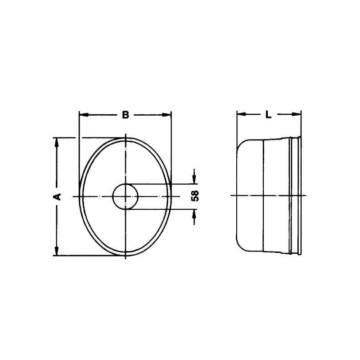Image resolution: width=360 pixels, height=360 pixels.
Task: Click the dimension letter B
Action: tap(126, 115)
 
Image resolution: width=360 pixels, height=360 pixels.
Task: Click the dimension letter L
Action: tap(268, 115)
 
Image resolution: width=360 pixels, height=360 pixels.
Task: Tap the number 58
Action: tap(195, 196)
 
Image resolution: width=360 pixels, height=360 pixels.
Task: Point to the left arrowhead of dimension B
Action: tap(84, 115)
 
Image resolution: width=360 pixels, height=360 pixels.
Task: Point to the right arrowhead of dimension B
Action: tap(166, 115)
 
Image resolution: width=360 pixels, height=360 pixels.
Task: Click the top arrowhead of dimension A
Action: tap(57, 143)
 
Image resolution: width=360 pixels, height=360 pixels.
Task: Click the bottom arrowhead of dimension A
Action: tap(57, 251)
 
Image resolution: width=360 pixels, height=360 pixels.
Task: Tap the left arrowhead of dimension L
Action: tap(241, 114)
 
